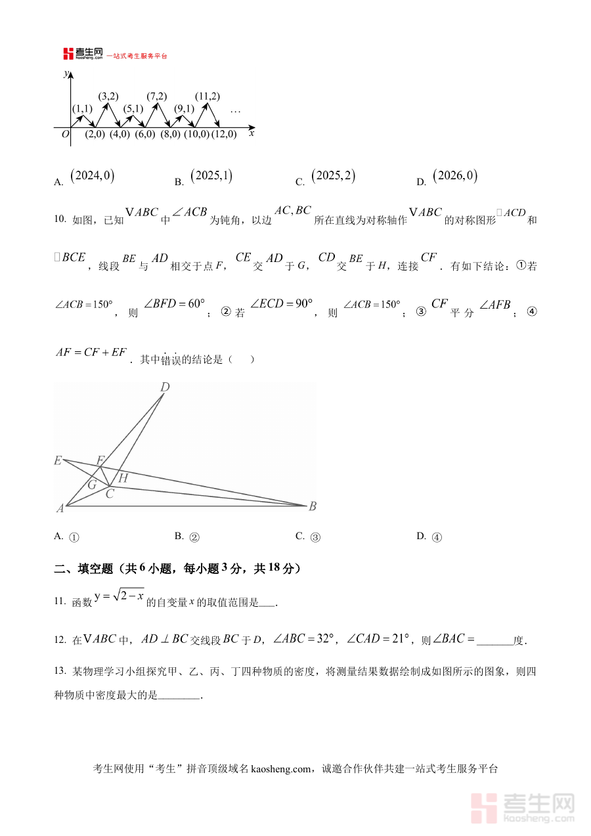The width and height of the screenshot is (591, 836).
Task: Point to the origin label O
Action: [65, 134]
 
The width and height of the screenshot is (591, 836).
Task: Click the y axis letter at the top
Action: [65, 74]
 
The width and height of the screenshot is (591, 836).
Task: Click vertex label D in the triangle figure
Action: [165, 387]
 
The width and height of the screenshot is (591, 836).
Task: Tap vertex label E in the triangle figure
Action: [58, 460]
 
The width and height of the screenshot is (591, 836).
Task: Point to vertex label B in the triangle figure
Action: [313, 506]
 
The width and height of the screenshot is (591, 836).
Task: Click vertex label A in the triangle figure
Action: [60, 508]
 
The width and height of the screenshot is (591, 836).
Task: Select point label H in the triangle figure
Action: [123, 479]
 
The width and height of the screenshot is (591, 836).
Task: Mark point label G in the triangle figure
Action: [92, 485]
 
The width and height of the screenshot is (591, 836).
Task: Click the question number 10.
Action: [60, 219]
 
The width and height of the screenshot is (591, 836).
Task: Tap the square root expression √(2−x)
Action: [128, 596]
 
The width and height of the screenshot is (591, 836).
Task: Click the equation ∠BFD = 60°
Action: [174, 304]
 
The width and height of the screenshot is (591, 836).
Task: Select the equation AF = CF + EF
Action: [91, 352]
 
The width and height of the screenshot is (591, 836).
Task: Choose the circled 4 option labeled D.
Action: [437, 537]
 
